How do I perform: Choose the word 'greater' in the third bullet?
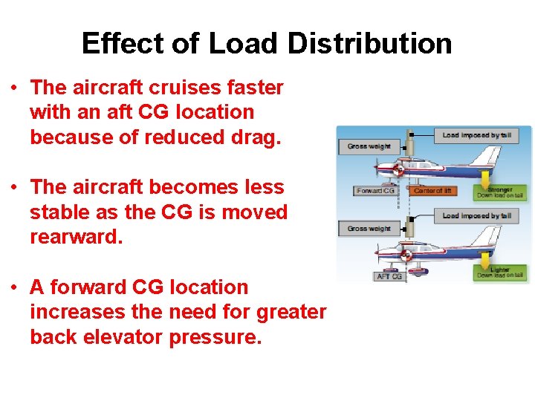(291, 312)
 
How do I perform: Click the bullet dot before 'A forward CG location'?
(15, 287)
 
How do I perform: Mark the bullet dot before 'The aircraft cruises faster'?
(15, 88)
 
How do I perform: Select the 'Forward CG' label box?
(376, 191)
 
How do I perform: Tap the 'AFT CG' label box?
(389, 276)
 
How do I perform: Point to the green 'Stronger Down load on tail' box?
(500, 192)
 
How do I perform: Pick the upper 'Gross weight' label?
(368, 146)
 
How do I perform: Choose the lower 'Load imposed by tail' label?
(476, 215)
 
